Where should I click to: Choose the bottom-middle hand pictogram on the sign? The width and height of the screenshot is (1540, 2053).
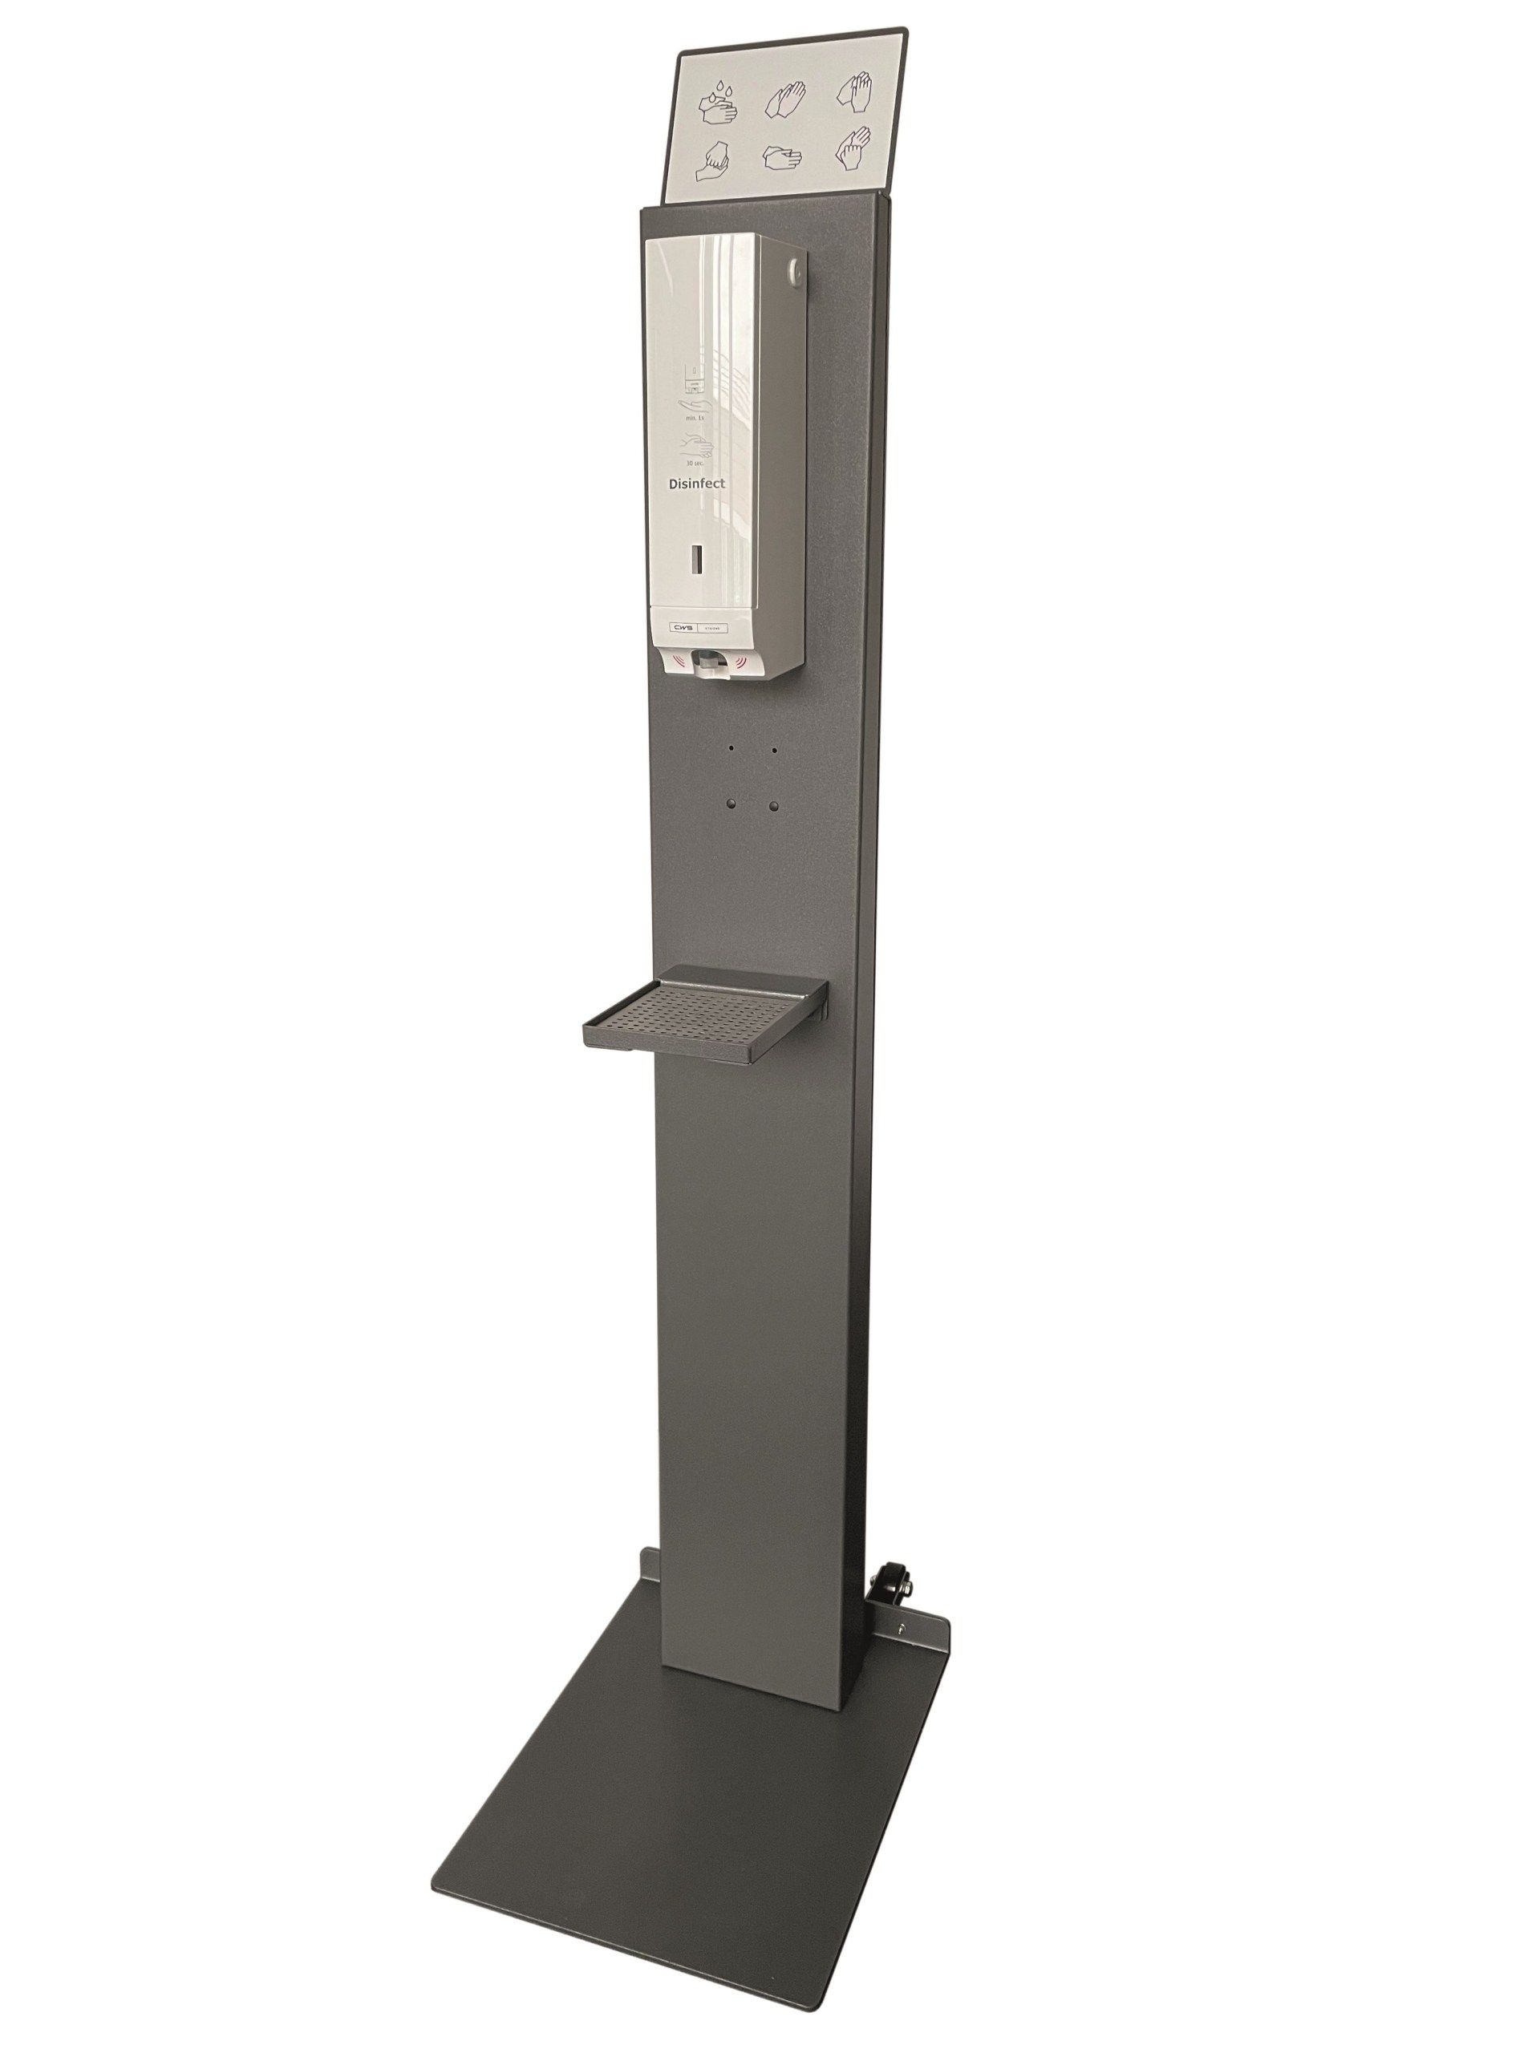point(783,157)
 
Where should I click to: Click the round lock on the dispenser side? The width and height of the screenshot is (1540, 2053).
point(791,271)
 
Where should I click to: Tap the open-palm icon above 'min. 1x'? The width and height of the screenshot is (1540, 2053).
point(696,409)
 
